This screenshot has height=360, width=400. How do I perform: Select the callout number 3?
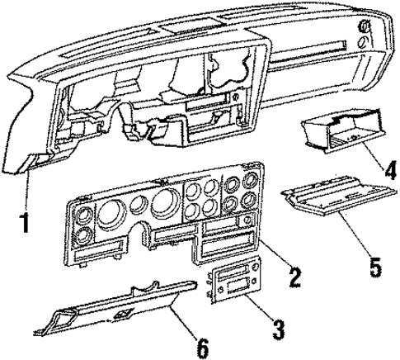point(279,332)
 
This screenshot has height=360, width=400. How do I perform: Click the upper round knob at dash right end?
point(363,27)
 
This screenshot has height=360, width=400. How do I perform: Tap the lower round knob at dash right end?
point(363,44)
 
